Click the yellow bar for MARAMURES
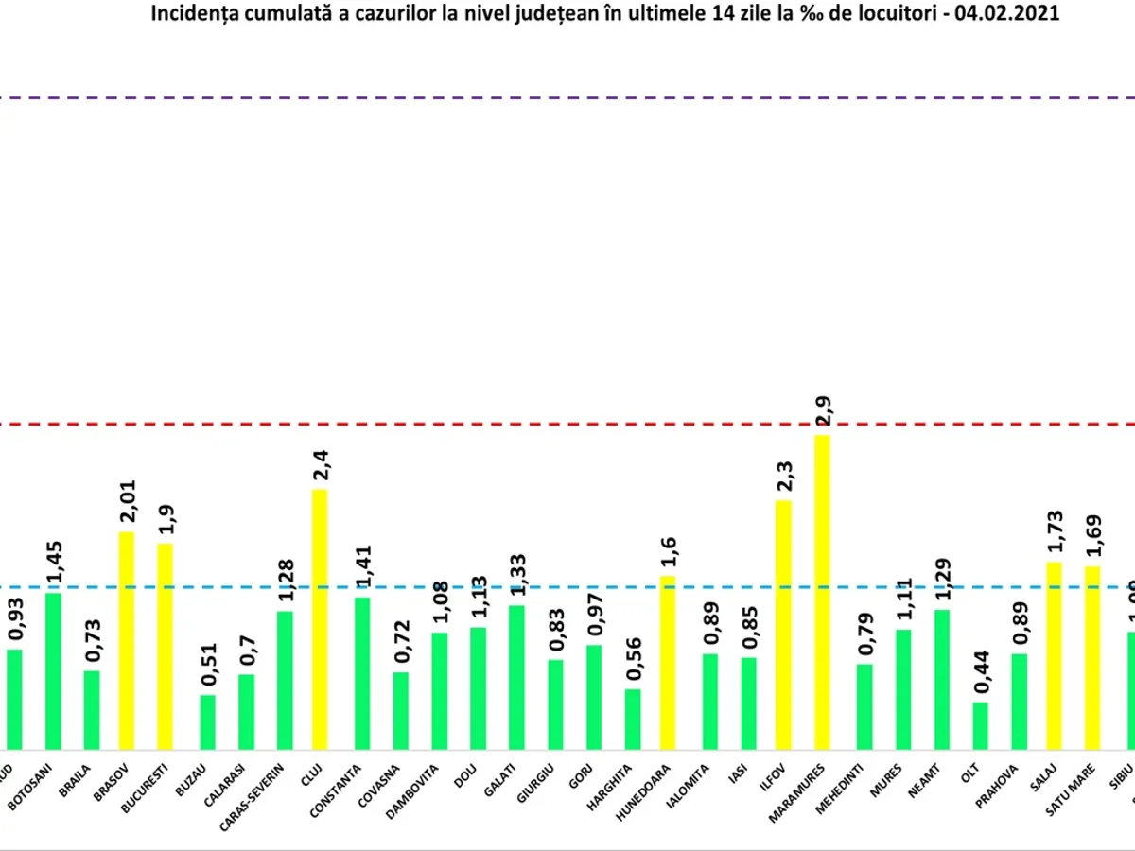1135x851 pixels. coord(822,592)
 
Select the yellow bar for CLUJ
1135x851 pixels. coord(320,619)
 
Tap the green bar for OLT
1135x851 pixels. coord(981,726)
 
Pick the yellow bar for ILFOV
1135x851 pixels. coord(783,624)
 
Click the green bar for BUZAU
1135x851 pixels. coord(207,722)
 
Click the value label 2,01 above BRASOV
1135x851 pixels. coord(127,501)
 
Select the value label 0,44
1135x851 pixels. coord(981,673)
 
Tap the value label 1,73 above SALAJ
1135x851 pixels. coord(1054,532)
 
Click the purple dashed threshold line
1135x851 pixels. coord(567,97)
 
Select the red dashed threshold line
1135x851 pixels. coord(567,424)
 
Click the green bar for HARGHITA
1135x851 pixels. coord(633,720)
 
